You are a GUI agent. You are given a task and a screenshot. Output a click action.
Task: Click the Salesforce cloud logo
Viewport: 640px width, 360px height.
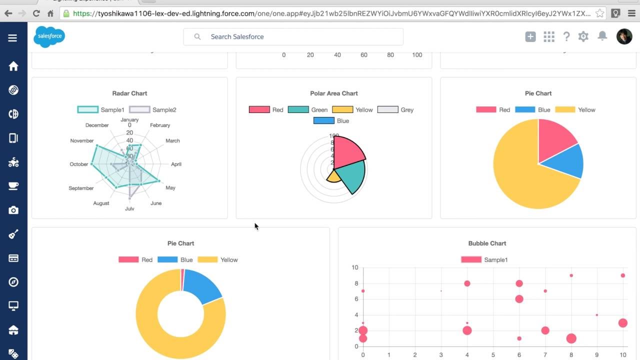(49, 36)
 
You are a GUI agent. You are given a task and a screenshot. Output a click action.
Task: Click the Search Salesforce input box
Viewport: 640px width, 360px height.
(293, 36)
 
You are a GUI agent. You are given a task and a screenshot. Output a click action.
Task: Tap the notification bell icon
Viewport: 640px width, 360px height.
(602, 36)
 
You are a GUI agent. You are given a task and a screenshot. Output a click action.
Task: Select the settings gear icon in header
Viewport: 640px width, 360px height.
(583, 36)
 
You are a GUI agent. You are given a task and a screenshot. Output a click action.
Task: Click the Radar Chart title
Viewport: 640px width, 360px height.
(129, 93)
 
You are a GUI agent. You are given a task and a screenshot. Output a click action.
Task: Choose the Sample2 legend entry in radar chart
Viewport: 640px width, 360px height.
(153, 110)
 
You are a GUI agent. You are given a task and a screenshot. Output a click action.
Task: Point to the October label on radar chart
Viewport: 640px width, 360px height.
(78, 164)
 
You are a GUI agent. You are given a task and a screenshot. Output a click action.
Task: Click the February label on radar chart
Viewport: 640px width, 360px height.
(160, 125)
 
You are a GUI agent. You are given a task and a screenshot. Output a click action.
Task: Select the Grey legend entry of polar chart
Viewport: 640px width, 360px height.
(395, 110)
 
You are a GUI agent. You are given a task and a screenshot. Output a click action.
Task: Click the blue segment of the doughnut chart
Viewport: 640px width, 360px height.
(201, 286)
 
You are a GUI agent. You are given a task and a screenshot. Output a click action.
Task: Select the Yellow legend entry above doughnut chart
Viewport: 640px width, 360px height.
(218, 260)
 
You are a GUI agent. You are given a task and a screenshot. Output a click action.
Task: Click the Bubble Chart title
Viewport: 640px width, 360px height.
(487, 243)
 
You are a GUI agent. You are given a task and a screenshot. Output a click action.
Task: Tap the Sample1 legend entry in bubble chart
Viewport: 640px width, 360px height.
(484, 260)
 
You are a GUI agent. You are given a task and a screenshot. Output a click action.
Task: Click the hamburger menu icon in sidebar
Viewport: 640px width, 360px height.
(12, 38)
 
